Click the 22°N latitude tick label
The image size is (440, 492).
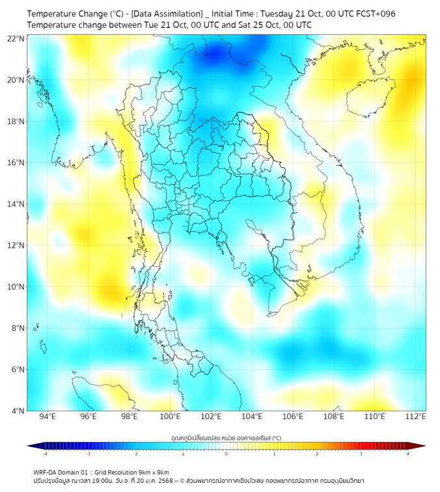(x=16, y=38)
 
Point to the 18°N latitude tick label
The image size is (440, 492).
(x=16, y=122)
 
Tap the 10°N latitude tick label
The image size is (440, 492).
(x=16, y=287)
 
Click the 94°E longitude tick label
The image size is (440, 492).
(x=48, y=417)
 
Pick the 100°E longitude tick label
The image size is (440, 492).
(x=171, y=417)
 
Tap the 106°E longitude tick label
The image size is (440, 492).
(x=294, y=417)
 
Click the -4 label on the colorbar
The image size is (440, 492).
(x=44, y=454)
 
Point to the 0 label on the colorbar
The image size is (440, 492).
(x=227, y=454)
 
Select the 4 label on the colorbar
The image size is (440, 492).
(x=408, y=454)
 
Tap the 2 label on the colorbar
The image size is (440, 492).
(x=317, y=454)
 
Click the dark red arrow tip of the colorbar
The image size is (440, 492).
(x=421, y=446)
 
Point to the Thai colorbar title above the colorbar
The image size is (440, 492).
(x=226, y=438)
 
